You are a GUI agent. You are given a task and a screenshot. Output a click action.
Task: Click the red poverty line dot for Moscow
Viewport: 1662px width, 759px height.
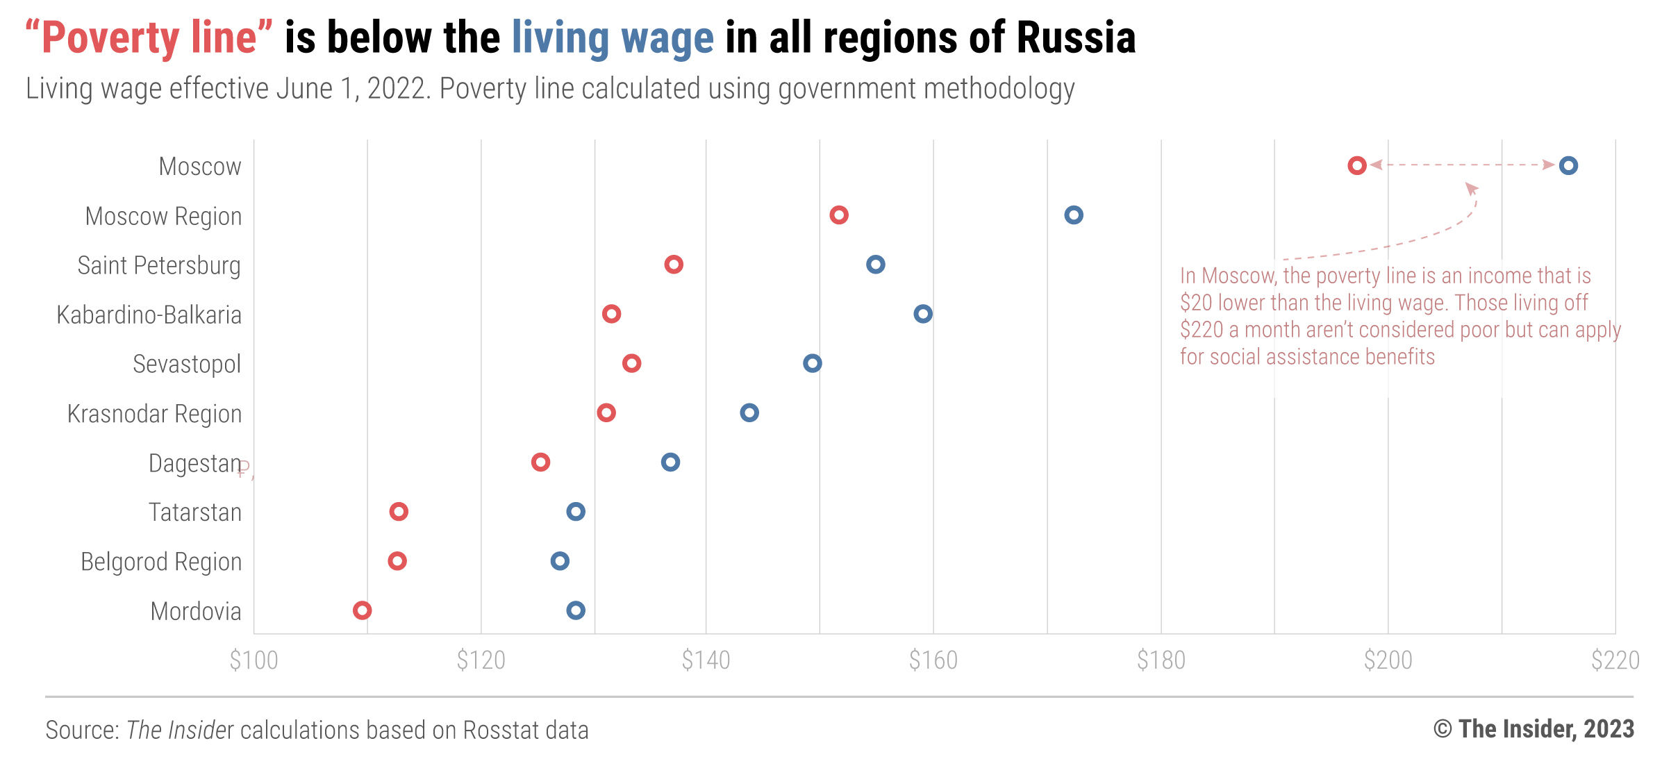click(x=1356, y=165)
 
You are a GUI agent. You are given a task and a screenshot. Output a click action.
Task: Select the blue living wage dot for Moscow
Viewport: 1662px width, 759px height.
click(x=1568, y=165)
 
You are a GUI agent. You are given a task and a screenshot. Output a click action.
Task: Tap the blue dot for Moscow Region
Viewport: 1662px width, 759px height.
click(x=1073, y=215)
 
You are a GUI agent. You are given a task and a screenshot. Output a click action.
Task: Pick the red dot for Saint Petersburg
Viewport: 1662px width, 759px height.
click(x=673, y=265)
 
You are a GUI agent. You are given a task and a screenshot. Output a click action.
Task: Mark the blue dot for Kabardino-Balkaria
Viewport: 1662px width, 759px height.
click(x=922, y=314)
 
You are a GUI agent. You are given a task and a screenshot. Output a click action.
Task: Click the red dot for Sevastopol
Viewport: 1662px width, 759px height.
click(x=631, y=363)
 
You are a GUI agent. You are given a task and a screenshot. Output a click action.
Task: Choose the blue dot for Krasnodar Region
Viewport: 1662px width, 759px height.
click(x=749, y=412)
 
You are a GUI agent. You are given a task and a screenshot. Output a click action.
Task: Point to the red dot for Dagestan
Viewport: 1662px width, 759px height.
click(x=540, y=462)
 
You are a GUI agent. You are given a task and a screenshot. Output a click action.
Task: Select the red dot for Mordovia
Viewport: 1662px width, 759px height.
click(x=361, y=610)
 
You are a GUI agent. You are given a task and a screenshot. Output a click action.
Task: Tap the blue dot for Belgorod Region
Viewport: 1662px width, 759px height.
click(x=559, y=561)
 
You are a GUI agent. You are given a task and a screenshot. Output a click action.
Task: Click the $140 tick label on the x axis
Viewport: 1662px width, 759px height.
click(x=706, y=660)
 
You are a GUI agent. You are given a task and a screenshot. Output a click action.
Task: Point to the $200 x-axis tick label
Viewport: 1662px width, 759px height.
click(x=1388, y=660)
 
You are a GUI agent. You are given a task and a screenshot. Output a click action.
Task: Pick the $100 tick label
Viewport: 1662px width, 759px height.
click(x=254, y=660)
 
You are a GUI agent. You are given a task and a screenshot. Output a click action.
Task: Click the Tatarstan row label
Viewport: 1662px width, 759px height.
click(x=195, y=512)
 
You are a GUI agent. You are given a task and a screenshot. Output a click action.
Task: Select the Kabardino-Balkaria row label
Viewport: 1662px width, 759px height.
click(x=149, y=315)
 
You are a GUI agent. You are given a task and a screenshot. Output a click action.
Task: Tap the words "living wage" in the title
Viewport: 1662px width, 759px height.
click(x=613, y=37)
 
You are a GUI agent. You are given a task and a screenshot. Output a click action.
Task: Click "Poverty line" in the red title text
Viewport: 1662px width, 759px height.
click(x=149, y=37)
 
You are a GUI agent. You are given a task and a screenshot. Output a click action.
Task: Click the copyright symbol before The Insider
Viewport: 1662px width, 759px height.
click(x=1442, y=729)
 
